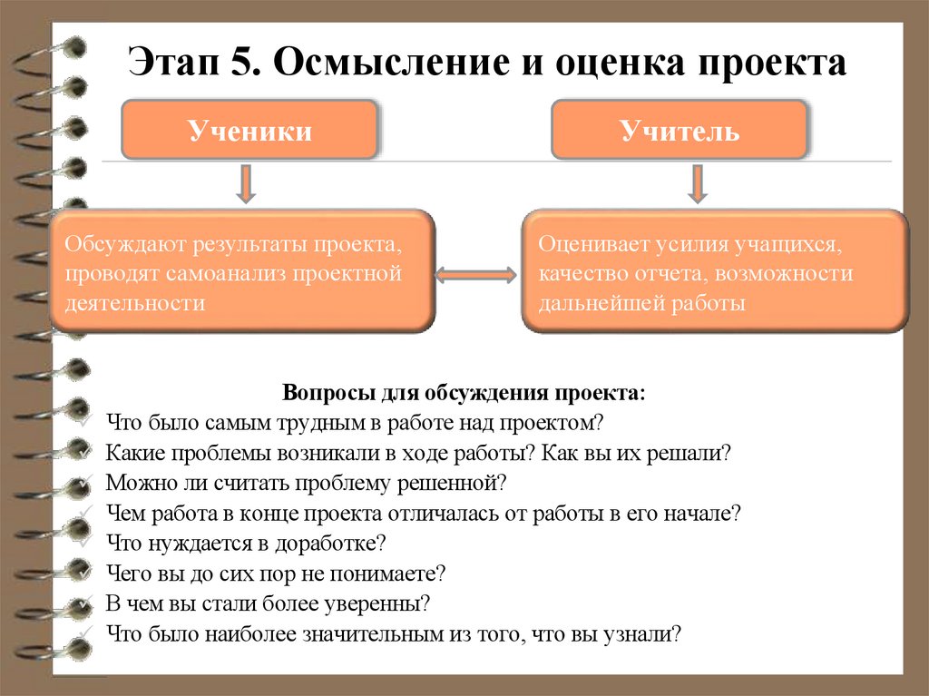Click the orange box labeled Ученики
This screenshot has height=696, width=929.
click(x=249, y=131)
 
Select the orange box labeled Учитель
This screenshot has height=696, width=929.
click(x=680, y=131)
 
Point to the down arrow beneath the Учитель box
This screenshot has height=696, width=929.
click(x=697, y=183)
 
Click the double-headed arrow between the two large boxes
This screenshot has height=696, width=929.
click(x=476, y=273)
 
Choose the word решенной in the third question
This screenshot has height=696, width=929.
click(x=455, y=482)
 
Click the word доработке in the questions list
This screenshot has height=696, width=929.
click(x=337, y=543)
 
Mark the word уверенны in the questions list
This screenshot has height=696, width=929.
click(x=379, y=603)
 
